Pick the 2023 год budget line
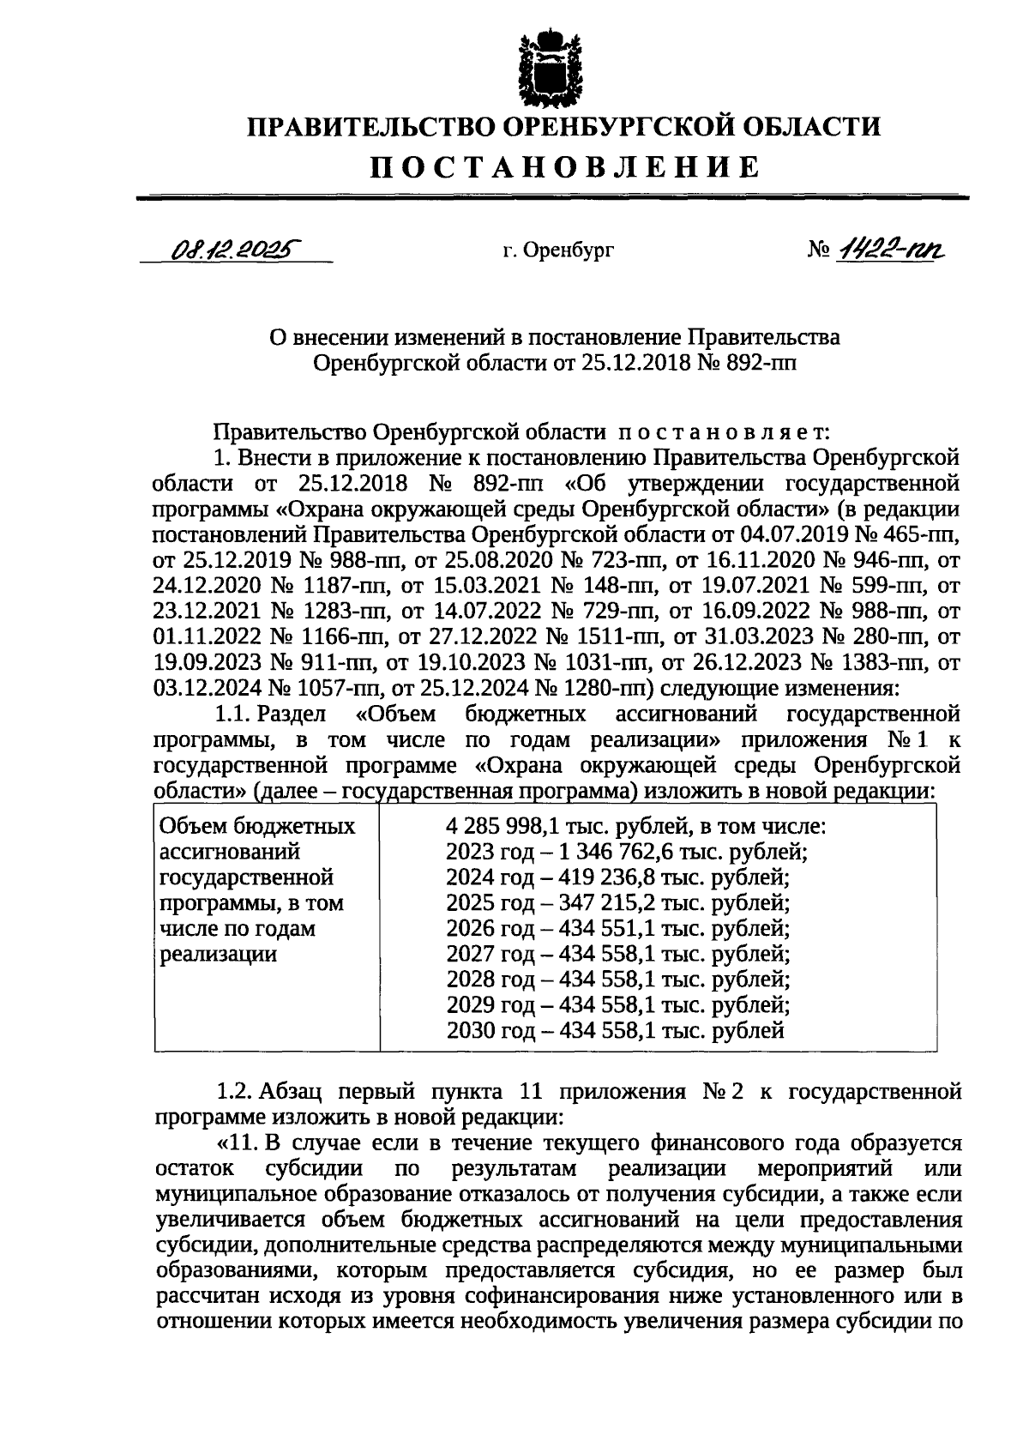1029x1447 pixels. pos(626,853)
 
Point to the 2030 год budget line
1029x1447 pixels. pos(615,1030)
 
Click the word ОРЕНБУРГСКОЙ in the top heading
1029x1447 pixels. pos(617,127)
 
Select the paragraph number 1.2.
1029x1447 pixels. pos(231,1092)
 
